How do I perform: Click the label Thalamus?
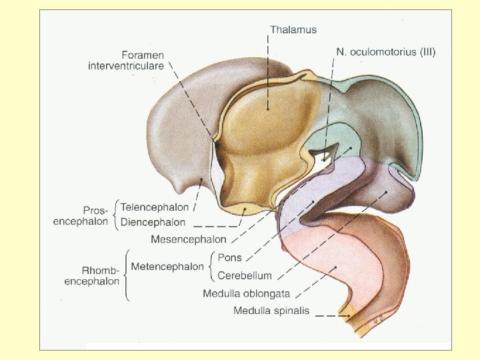(x=293, y=29)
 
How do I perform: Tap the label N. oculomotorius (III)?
(x=385, y=51)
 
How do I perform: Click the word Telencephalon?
(x=155, y=207)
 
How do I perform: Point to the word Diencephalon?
(x=153, y=221)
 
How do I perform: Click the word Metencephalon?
(x=167, y=267)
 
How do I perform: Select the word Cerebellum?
(x=245, y=275)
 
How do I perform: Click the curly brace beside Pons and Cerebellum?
(x=212, y=267)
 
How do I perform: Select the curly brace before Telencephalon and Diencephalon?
(x=116, y=214)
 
